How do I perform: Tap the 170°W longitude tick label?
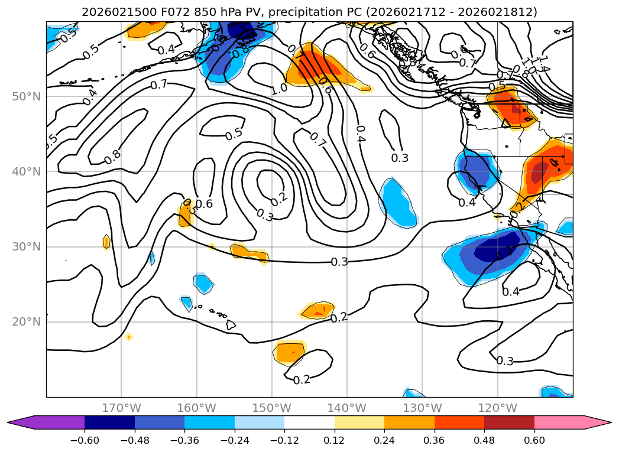click(x=121, y=408)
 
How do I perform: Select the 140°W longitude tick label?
click(x=346, y=408)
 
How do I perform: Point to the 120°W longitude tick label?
click(x=497, y=408)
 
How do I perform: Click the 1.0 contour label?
click(x=279, y=89)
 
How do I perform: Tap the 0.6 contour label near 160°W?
click(x=204, y=204)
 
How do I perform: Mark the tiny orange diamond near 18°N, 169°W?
click(x=128, y=337)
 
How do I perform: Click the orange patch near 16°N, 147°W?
click(x=290, y=353)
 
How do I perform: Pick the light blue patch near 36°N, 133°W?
click(x=397, y=203)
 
